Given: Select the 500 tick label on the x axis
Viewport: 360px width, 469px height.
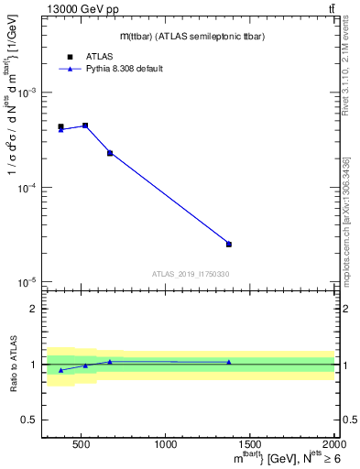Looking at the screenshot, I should point(80,445).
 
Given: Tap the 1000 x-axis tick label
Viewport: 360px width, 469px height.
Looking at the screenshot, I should point(166,445).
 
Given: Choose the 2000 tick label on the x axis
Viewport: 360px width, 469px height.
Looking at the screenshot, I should point(334,445).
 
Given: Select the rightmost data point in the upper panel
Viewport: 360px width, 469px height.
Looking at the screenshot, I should point(229,244).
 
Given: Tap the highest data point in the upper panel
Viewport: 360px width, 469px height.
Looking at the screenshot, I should point(85,125).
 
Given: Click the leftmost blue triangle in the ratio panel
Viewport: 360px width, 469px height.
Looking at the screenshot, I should point(61,370).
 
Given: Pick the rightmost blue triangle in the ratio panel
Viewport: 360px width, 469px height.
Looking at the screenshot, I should point(229,362).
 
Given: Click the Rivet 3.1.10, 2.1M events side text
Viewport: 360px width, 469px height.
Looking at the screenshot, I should point(351,88).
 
